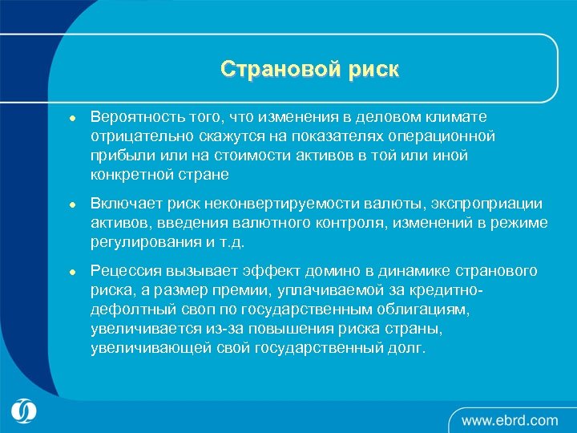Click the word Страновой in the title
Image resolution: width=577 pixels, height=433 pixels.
[272, 70]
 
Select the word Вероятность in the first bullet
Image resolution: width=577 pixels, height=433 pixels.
[132, 117]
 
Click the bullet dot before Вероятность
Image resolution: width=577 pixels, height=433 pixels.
[71, 118]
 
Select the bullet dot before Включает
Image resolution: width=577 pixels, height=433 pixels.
[71, 204]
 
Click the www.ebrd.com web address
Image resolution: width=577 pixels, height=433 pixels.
[509, 419]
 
